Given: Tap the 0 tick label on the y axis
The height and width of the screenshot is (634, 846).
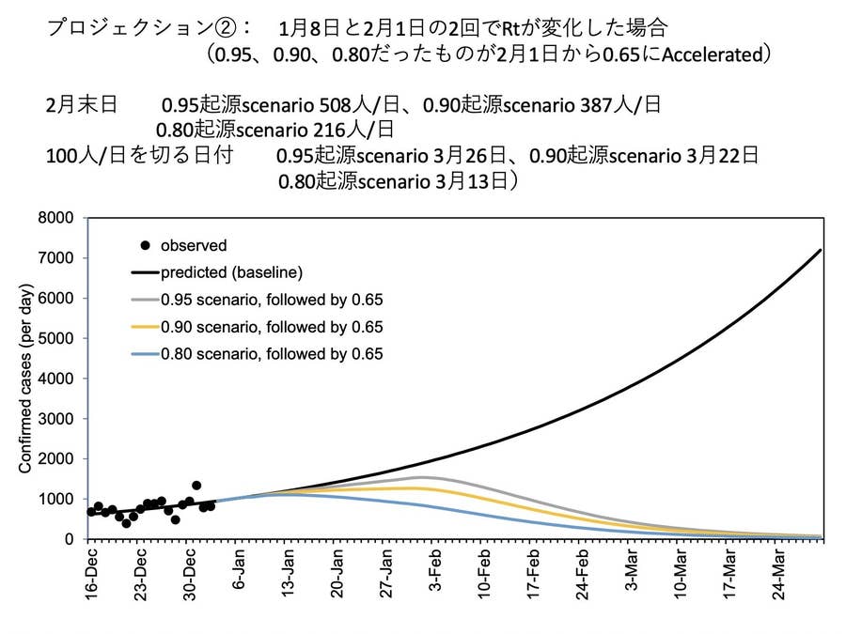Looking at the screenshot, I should coord(69,539).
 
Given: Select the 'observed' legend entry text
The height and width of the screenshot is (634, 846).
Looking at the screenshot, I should coord(194,246).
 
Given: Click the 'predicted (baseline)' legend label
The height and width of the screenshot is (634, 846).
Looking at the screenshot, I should coord(230,273).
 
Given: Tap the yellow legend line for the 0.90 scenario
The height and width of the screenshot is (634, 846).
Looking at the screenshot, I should coord(145,328).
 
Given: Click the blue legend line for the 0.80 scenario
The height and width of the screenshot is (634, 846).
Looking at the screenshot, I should coord(145,354).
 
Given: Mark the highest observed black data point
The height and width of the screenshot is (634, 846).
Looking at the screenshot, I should coord(196,486).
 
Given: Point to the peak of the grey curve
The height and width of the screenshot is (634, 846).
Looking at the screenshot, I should coord(424,477).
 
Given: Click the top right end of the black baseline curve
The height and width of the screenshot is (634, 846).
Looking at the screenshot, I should coord(821,250).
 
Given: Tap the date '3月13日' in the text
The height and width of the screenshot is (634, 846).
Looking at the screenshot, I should coord(476,179).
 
